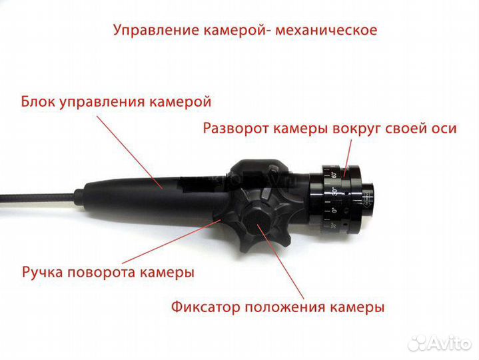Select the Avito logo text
point(450,342)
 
